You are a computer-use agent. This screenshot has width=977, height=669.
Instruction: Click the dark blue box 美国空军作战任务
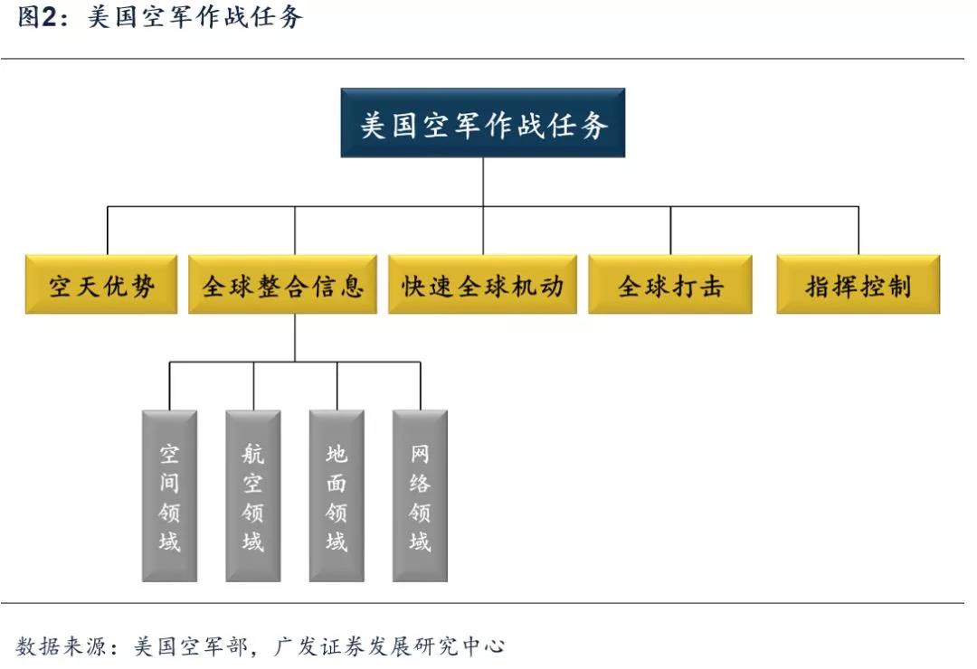483,123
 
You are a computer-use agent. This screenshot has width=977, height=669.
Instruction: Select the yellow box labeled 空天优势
101,285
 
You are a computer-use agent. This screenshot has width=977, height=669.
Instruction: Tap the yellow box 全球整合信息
282,285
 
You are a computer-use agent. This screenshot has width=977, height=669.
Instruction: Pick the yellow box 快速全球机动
482,285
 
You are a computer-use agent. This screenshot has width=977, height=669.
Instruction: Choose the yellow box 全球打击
669,285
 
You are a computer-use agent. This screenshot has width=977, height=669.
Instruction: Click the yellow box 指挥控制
858,285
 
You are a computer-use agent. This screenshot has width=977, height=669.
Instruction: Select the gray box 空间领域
169,495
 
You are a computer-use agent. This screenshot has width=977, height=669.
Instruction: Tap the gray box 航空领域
253,495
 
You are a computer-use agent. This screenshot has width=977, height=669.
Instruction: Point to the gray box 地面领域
337,495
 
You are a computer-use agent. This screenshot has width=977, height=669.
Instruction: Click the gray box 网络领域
420,495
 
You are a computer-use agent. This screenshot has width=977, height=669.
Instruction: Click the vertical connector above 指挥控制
858,231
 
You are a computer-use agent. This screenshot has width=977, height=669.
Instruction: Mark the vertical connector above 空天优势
108,231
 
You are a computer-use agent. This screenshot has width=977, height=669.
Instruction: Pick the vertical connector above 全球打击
670,231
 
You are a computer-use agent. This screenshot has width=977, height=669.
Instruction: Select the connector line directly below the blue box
483,181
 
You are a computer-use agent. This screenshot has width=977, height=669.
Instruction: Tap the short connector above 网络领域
421,386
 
